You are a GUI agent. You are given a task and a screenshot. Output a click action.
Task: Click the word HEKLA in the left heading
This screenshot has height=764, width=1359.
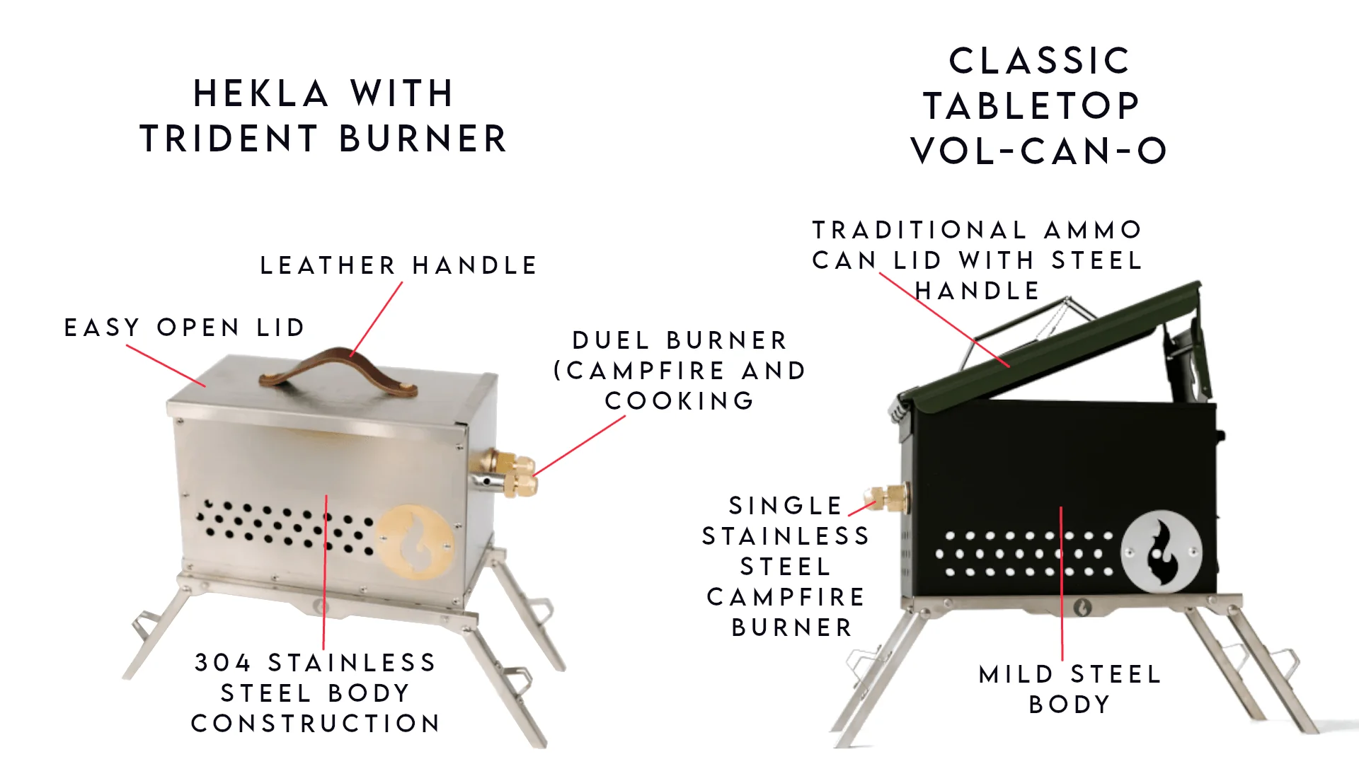click(260, 94)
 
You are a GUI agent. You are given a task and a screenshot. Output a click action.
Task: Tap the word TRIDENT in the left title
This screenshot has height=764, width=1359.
click(229, 139)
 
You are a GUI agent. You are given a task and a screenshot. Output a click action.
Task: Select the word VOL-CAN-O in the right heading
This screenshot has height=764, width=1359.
click(1038, 151)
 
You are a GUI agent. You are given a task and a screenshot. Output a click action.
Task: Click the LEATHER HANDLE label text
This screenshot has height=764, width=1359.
click(398, 265)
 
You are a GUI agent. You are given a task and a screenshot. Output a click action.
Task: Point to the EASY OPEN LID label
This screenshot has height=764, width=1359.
click(185, 328)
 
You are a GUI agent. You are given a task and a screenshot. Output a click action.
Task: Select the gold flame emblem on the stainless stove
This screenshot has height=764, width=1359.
click(415, 541)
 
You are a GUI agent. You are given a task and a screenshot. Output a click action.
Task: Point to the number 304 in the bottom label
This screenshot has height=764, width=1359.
click(222, 663)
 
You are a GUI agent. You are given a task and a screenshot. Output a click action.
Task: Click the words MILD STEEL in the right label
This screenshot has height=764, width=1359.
click(1070, 674)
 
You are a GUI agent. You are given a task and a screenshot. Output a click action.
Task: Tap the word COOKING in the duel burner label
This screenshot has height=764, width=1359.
click(679, 401)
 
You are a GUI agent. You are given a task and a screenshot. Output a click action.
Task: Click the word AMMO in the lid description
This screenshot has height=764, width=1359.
click(1093, 230)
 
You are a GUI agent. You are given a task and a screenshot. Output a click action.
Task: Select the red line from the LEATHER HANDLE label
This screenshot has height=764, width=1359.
click(377, 318)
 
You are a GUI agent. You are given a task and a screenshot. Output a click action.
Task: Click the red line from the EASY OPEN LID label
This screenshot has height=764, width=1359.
click(166, 366)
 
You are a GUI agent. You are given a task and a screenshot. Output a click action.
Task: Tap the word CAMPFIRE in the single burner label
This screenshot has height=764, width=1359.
click(786, 597)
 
